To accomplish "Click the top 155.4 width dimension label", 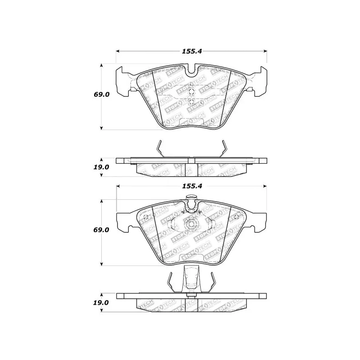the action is coord(192,51).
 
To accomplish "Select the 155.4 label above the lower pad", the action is coord(192,186).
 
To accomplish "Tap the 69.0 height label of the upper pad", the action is coord(102,94).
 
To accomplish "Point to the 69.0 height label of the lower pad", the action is coord(101,230).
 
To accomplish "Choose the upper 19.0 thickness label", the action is coord(101,167).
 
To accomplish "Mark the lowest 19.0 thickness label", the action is coord(101,302).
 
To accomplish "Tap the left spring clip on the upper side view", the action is coord(160,149).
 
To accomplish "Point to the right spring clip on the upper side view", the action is coord(224,149).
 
